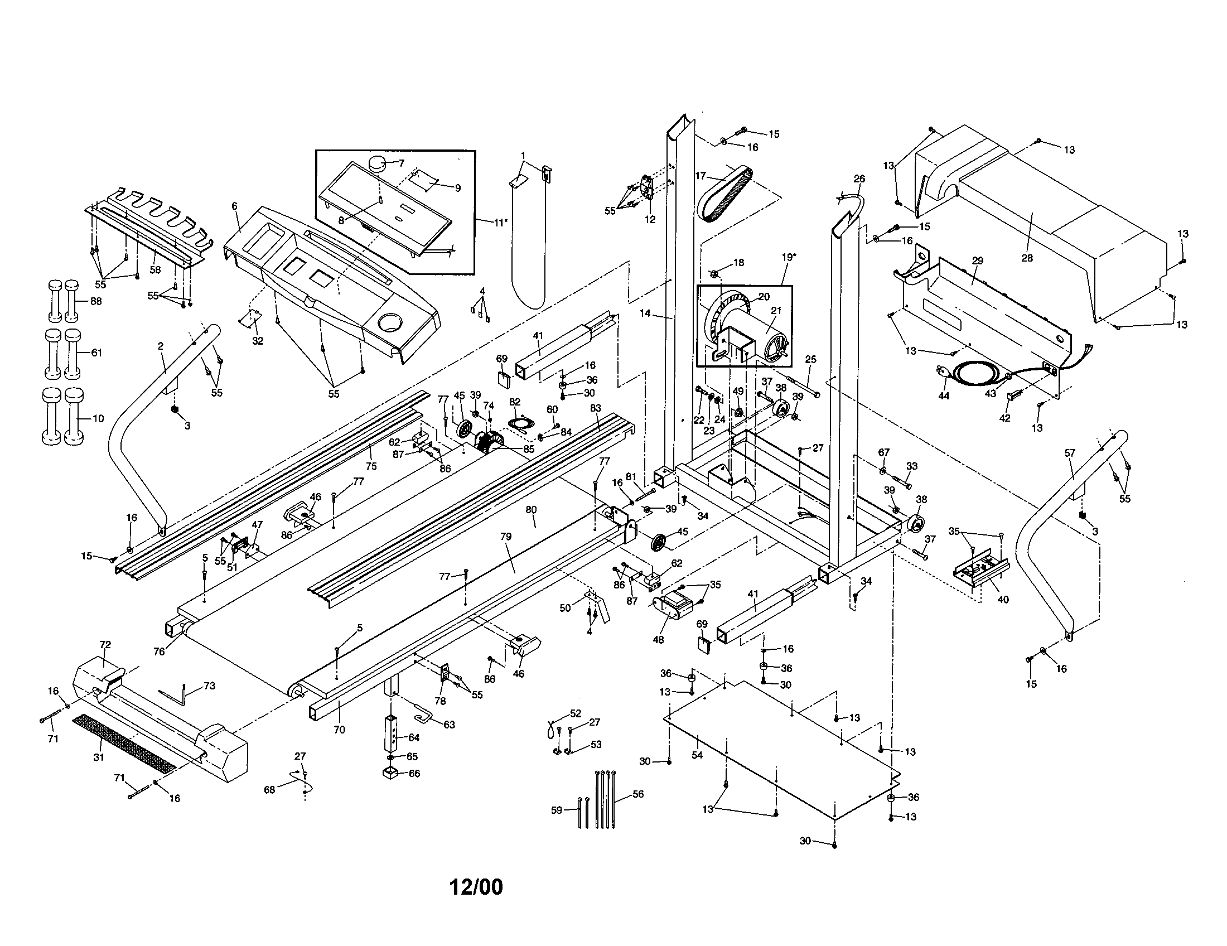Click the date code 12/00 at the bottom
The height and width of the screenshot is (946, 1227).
[476, 887]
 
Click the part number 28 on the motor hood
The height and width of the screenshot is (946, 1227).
[1027, 258]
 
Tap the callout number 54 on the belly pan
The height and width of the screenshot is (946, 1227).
[697, 755]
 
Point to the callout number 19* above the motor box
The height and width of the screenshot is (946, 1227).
[788, 257]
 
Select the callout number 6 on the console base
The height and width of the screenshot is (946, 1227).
[234, 206]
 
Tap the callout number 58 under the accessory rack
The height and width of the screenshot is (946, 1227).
[156, 269]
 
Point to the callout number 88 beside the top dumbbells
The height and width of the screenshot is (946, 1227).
[96, 301]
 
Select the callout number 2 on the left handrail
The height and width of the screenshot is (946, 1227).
[161, 346]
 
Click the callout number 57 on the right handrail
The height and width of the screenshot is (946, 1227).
[1069, 452]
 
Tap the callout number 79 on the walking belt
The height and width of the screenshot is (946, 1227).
[506, 537]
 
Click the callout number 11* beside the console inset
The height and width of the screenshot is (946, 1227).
[499, 222]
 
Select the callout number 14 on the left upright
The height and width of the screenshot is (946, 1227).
[645, 313]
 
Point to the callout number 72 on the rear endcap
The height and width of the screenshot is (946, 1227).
[105, 644]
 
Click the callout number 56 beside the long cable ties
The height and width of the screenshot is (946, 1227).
[637, 794]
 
